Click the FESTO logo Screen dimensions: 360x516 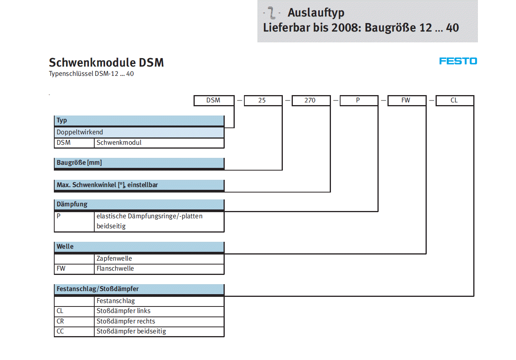tap(458, 61)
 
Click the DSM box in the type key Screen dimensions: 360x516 tap(214, 100)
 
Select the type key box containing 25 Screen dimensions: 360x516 tap(262, 100)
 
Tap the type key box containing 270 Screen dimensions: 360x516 tap(310, 100)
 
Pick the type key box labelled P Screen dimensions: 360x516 tap(358, 100)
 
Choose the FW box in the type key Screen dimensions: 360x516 tap(406, 100)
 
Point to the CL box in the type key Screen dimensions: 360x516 tap(454, 100)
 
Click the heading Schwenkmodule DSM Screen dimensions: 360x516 tap(106, 62)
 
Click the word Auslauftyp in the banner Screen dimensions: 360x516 tap(316, 13)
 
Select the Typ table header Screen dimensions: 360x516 tap(139, 121)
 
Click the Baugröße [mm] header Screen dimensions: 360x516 tap(139, 163)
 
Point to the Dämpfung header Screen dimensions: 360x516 tap(139, 204)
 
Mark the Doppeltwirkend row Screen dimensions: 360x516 tap(139, 132)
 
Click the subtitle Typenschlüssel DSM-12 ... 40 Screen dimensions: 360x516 tap(91, 74)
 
